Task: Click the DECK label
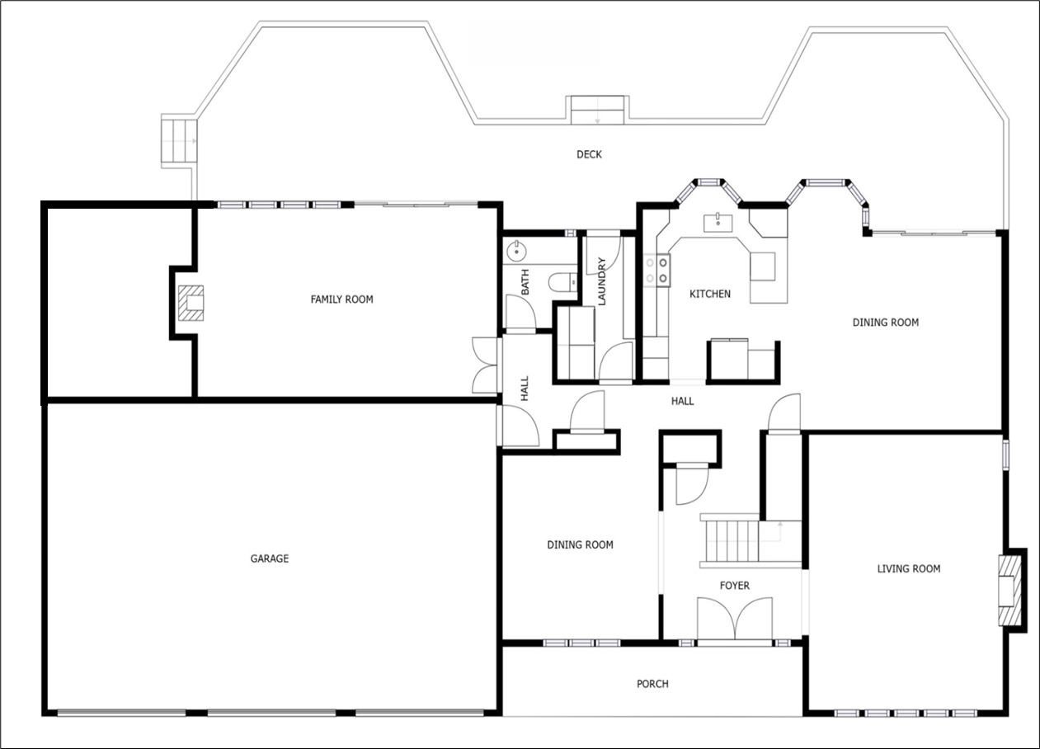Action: [x=589, y=154]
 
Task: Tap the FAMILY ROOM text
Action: [x=341, y=299]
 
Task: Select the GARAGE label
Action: [x=270, y=558]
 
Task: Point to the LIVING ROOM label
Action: [x=908, y=568]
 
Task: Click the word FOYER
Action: [x=735, y=586]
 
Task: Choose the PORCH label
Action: [x=652, y=684]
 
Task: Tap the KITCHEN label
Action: [x=710, y=294]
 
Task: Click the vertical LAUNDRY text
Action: [x=602, y=281]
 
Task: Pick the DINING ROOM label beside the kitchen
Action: [x=885, y=323]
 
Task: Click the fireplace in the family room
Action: [x=192, y=303]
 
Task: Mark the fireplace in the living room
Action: [x=1009, y=589]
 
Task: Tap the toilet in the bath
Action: [x=565, y=281]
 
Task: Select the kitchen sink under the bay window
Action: [x=717, y=222]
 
